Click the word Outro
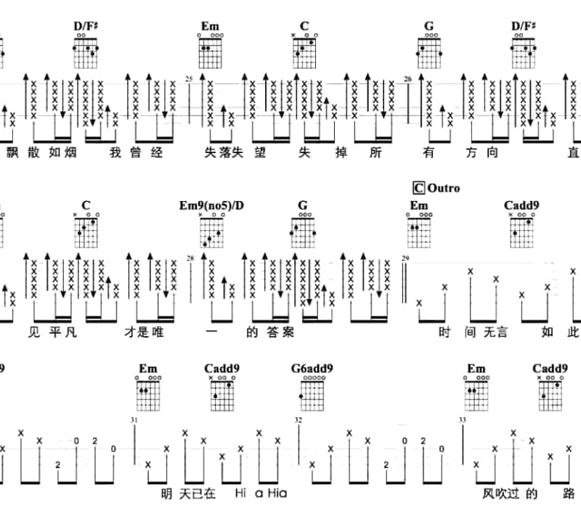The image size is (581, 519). [444, 188]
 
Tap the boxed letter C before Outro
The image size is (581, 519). [419, 188]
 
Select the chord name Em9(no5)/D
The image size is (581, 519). [211, 205]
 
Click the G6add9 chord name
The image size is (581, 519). [312, 369]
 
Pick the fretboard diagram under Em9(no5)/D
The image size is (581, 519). [211, 230]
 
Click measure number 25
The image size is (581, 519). [189, 79]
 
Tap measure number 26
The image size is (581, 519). [407, 79]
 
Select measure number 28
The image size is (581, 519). [190, 258]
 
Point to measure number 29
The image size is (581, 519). [405, 258]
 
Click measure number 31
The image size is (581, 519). [134, 420]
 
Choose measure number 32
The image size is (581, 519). [298, 420]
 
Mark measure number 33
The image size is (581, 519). [462, 420]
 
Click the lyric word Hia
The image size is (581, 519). [277, 493]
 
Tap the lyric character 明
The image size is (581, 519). [167, 494]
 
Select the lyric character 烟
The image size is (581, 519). [70, 152]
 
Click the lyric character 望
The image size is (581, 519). [260, 152]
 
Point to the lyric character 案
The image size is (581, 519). [288, 332]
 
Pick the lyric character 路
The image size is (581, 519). [569, 494]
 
